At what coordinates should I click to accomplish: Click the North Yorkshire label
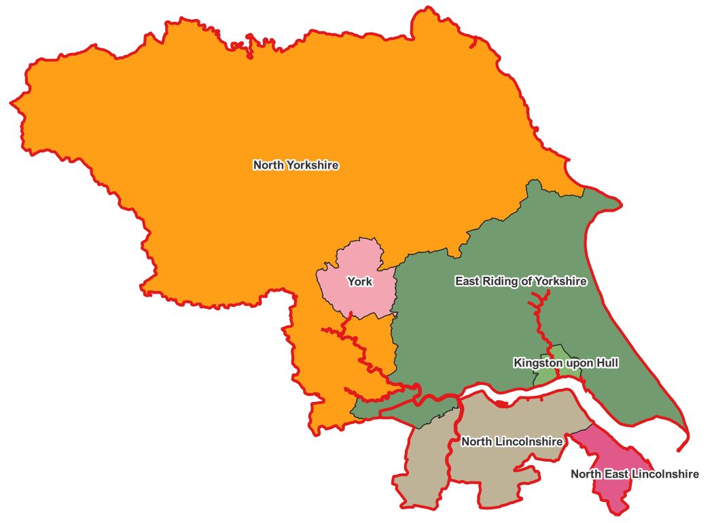coord(296,165)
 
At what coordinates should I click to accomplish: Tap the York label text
coord(359,282)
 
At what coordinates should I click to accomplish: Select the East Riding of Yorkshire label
coord(520,281)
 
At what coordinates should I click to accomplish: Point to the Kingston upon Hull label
coord(566,363)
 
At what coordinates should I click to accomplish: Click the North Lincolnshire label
coord(512,442)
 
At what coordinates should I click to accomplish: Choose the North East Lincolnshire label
coord(634,474)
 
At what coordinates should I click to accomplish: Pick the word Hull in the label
coord(607,363)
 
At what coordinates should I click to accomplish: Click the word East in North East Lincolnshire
coord(615,474)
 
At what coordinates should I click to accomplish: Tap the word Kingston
coord(537,363)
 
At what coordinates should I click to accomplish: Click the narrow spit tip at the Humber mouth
coord(679,450)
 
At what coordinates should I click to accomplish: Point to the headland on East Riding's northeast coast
coord(615,202)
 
